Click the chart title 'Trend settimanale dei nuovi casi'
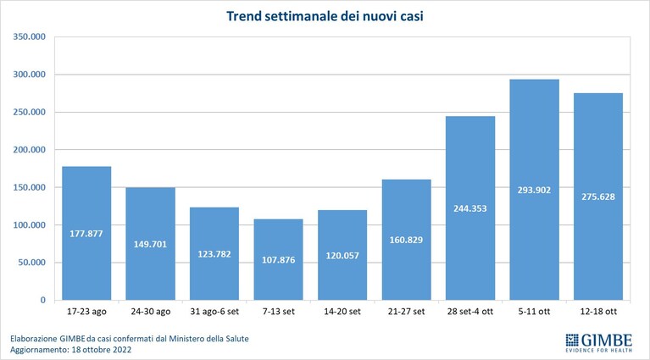point(325,16)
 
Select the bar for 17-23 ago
point(86,233)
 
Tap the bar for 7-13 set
point(279,259)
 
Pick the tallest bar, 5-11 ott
point(535,190)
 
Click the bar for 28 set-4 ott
point(470,208)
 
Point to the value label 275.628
point(598,197)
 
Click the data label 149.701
point(150,245)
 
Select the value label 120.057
point(342,256)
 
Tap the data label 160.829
point(406,240)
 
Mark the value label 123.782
point(214,254)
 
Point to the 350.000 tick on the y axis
point(29,37)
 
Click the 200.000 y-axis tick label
point(29,150)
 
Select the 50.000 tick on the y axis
point(32,263)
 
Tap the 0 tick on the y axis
point(43,301)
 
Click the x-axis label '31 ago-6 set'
point(214,312)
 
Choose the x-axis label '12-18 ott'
point(598,312)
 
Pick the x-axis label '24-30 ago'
point(151,312)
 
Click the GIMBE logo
point(599,343)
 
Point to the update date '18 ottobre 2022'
point(102,350)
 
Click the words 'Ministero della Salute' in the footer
point(209,339)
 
